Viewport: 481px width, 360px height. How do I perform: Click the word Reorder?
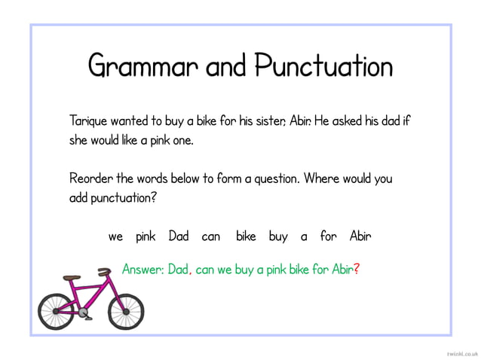click(90, 179)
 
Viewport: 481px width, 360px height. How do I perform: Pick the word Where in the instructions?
click(323, 179)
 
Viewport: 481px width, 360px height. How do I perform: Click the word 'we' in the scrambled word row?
click(115, 236)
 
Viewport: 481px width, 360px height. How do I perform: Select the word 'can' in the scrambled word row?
click(211, 236)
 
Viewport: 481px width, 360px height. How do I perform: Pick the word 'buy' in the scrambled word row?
click(278, 236)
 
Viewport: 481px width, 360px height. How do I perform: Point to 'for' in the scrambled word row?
click(328, 236)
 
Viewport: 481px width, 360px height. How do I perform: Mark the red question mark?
click(356, 269)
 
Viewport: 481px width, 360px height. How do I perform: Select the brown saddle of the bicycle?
click(72, 278)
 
